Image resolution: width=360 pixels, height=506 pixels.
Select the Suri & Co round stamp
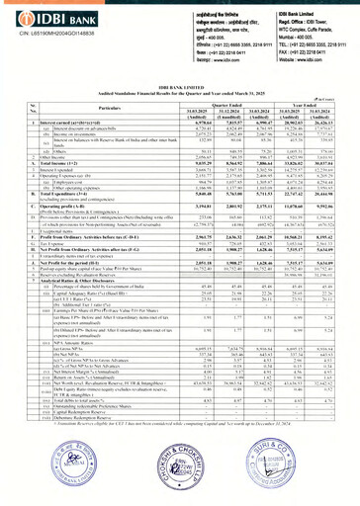(310, 464)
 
